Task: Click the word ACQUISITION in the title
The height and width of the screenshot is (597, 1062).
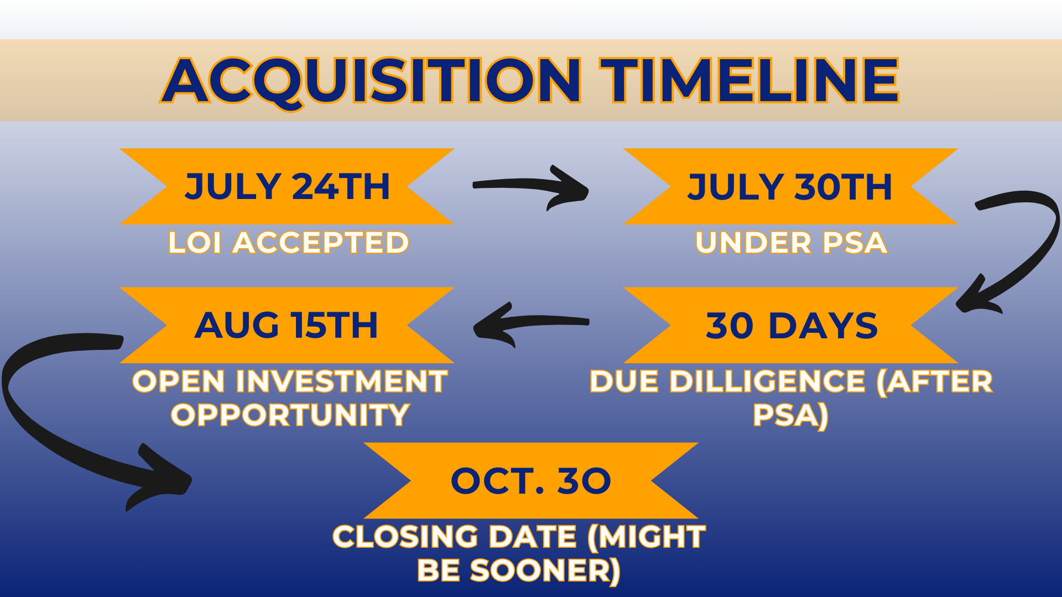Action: (x=371, y=81)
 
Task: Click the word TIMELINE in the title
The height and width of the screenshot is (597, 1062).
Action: (x=750, y=81)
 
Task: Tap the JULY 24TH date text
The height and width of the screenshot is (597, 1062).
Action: (x=288, y=186)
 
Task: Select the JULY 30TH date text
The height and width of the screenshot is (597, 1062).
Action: (x=790, y=186)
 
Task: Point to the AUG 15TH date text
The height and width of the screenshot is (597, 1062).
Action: (x=287, y=325)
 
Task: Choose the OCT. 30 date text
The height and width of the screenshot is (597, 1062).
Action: (x=531, y=481)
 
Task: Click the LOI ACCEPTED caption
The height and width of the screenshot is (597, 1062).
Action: (x=288, y=243)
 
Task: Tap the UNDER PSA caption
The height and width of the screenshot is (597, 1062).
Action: (x=792, y=243)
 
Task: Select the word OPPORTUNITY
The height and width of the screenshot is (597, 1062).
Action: (x=290, y=415)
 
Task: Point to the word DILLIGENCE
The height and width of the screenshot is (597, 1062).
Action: (x=768, y=381)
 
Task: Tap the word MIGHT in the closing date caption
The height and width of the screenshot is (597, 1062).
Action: (x=647, y=537)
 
